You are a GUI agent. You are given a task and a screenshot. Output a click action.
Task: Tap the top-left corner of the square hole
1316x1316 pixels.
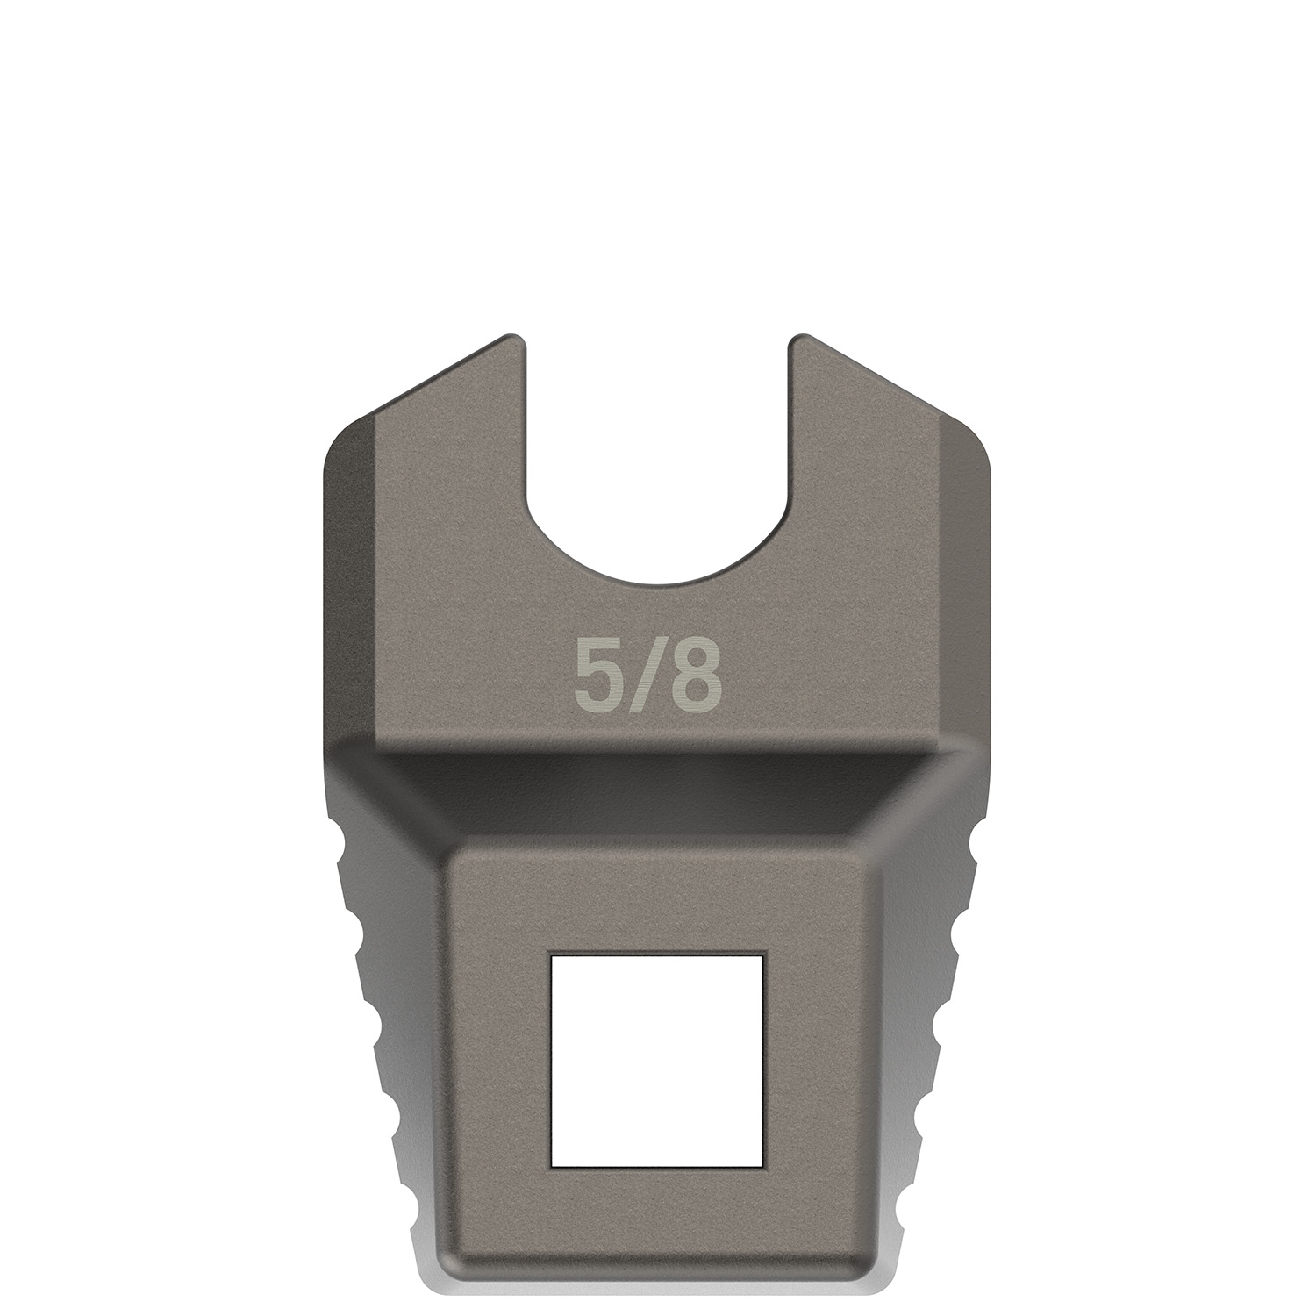point(551,956)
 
